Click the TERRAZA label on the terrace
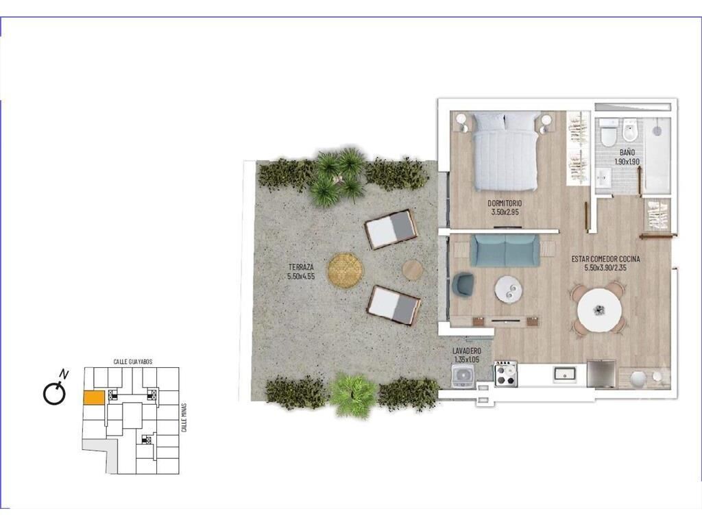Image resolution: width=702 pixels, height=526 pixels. click(301, 267)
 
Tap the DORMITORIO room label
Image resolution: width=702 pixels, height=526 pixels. click(505, 203)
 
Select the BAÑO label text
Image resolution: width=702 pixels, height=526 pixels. click(627, 153)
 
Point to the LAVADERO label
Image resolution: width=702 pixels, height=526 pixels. click(466, 351)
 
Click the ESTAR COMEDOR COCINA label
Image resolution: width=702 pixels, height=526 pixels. click(606, 259)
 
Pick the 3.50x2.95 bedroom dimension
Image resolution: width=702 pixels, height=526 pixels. click(505, 212)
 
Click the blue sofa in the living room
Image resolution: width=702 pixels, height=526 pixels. click(505, 251)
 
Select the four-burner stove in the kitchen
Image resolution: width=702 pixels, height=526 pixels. click(505, 373)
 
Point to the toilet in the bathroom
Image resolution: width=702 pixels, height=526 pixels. click(609, 134)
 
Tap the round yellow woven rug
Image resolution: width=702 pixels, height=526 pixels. click(346, 271)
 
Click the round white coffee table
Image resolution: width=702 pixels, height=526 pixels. click(508, 290)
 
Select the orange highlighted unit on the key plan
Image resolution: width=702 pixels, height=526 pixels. click(94, 398)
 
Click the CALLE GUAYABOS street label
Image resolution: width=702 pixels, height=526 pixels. click(133, 362)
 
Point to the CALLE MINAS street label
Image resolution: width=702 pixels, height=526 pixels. click(184, 418)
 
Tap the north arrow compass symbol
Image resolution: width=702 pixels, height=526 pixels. click(56, 388)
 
